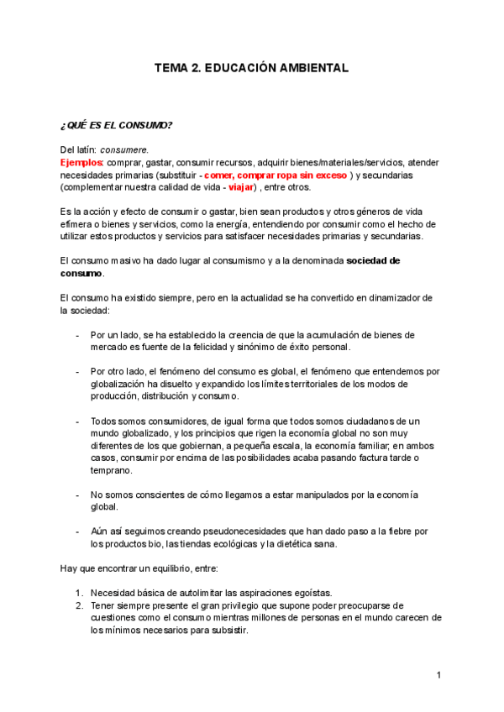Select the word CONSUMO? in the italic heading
coord(149,126)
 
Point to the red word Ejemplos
coord(81,162)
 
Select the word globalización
coord(118,384)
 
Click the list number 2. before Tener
coord(79,605)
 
